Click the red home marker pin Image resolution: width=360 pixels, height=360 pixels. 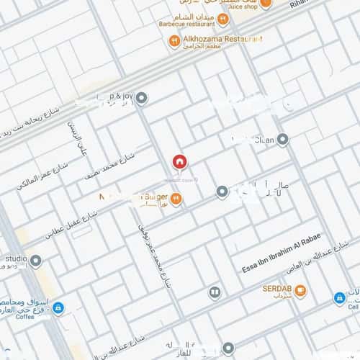point(179,161)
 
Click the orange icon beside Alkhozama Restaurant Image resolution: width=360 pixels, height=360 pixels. point(174,41)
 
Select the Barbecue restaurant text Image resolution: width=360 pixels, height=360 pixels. point(187,23)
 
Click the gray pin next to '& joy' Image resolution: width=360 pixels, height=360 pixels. point(142,98)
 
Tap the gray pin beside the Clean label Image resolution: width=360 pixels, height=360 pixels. point(282,139)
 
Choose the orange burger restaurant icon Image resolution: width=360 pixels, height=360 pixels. point(176,199)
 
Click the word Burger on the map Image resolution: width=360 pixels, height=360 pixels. point(154,196)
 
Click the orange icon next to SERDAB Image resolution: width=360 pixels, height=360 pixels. point(300,291)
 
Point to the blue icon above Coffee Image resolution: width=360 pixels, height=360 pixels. point(58,307)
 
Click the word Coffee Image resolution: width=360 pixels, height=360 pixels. point(25,315)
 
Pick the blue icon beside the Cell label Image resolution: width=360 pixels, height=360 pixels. point(339,297)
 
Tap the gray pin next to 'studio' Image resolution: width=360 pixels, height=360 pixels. point(35,260)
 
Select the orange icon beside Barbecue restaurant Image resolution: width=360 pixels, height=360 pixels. point(223,19)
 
